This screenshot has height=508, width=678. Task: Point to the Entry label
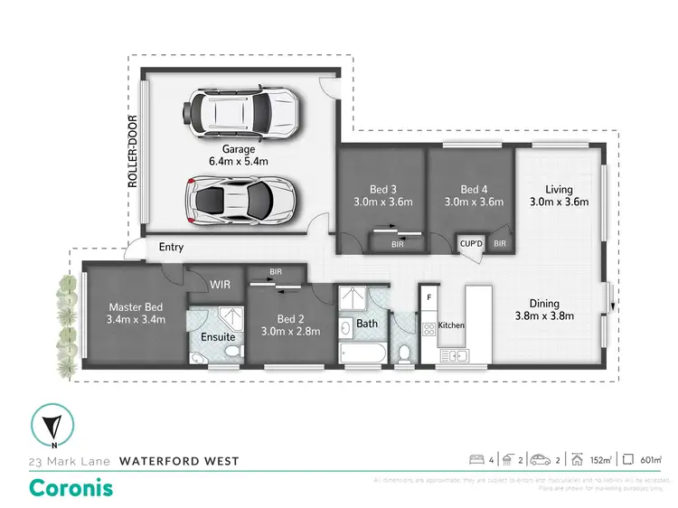click(x=171, y=247)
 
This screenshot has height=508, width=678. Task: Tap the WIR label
click(x=221, y=284)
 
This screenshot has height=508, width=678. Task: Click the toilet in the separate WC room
click(x=405, y=351)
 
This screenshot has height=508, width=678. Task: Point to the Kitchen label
click(x=452, y=324)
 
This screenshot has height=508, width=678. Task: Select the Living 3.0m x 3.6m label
click(x=558, y=195)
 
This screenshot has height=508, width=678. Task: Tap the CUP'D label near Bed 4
click(x=471, y=244)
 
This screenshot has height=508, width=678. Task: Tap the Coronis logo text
click(x=72, y=486)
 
